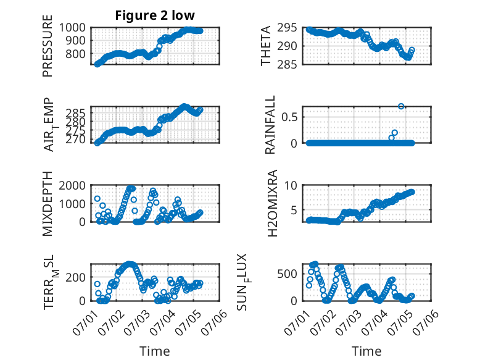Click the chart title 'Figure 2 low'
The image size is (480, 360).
[x=155, y=15]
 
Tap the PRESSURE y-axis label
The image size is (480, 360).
[x=48, y=46]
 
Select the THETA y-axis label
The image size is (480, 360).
[x=266, y=46]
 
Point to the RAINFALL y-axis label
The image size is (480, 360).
[x=270, y=125]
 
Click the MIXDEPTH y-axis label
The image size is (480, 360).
[x=48, y=204]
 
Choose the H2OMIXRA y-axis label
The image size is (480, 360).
[x=272, y=203]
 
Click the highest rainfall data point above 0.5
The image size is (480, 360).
[x=401, y=106]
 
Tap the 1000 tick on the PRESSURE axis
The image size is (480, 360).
[x=72, y=28]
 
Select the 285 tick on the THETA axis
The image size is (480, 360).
[x=287, y=65]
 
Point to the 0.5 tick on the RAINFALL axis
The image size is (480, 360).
[x=289, y=117]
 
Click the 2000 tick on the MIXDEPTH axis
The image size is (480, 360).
[x=72, y=185]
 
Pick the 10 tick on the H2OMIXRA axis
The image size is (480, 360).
[x=291, y=185]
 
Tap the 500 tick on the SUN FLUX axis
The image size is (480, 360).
[x=287, y=274]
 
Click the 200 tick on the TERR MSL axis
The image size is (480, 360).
[x=76, y=277]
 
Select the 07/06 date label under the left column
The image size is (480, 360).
[x=215, y=322]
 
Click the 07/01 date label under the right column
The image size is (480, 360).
[x=297, y=322]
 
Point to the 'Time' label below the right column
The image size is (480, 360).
[x=366, y=351]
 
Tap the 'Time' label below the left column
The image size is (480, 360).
[x=155, y=351]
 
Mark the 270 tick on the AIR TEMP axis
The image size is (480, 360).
[x=76, y=140]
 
